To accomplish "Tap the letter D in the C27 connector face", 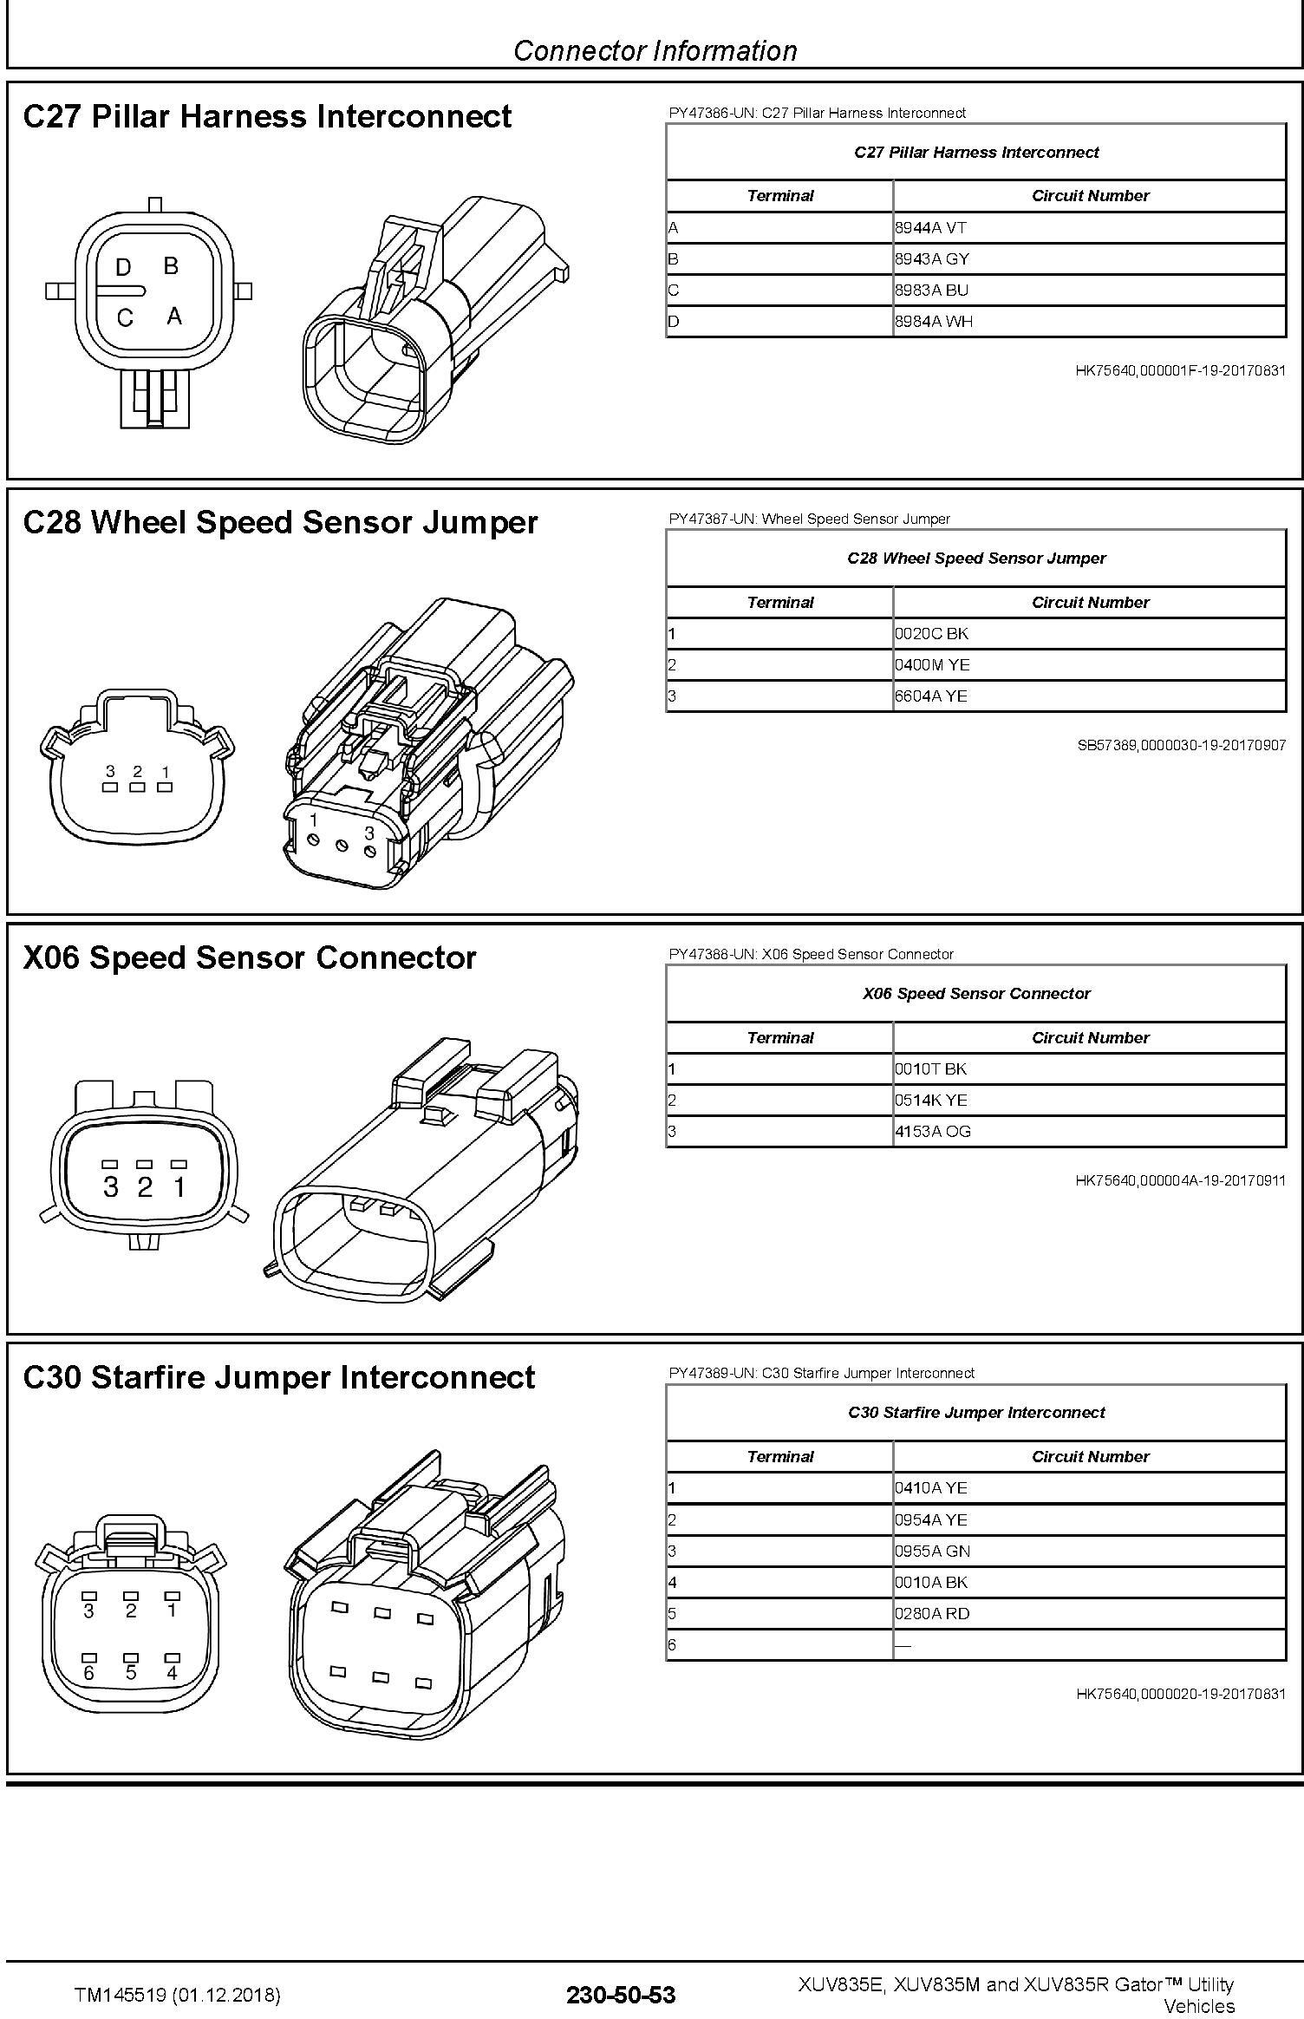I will coord(123,268).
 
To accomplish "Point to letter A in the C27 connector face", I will coord(174,317).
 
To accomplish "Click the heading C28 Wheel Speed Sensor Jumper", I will coord(280,522).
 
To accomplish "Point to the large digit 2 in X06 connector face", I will coord(145,1187).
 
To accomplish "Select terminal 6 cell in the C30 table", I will coord(779,1645).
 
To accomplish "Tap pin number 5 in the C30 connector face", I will coord(131,1673).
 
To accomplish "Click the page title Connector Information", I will coord(655,51).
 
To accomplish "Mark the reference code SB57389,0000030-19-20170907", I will coord(1181,745).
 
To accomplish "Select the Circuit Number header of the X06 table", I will coord(1090,1038).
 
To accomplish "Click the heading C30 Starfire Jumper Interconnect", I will coord(279,1377).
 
